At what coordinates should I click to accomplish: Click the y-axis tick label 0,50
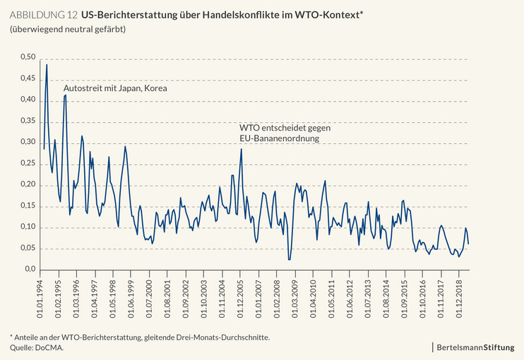pos(26,57)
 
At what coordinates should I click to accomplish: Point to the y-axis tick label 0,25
pos(26,164)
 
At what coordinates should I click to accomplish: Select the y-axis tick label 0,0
pos(28,270)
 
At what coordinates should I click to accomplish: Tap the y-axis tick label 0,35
pos(26,121)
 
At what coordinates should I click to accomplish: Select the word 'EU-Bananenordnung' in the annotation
pos(280,139)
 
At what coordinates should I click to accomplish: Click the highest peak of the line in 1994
pos(47,64)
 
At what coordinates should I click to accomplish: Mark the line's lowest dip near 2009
pos(289,260)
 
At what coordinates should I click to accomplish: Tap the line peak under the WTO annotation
pos(241,149)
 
